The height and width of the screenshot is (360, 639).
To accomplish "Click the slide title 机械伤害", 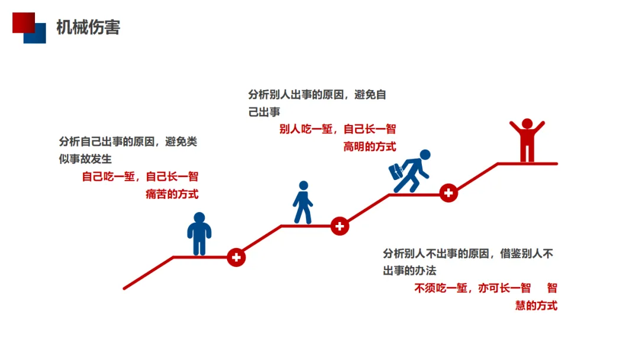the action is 88,27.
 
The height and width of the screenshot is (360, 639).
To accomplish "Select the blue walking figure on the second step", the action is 303,202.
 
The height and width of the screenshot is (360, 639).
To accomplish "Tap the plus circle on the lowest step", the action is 236,257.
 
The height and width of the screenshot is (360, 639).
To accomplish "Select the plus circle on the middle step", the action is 340,226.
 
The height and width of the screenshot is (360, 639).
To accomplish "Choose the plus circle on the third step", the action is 448,193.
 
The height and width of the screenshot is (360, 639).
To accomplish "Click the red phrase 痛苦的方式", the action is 172,194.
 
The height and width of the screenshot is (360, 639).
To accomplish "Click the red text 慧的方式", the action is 536,306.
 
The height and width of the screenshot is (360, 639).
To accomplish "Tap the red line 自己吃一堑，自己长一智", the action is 140,176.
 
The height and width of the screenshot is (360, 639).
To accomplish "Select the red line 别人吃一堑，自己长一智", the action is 337,129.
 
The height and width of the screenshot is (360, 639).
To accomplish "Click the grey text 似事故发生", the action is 85,159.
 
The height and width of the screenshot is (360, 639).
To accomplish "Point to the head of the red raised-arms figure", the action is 527,124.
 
